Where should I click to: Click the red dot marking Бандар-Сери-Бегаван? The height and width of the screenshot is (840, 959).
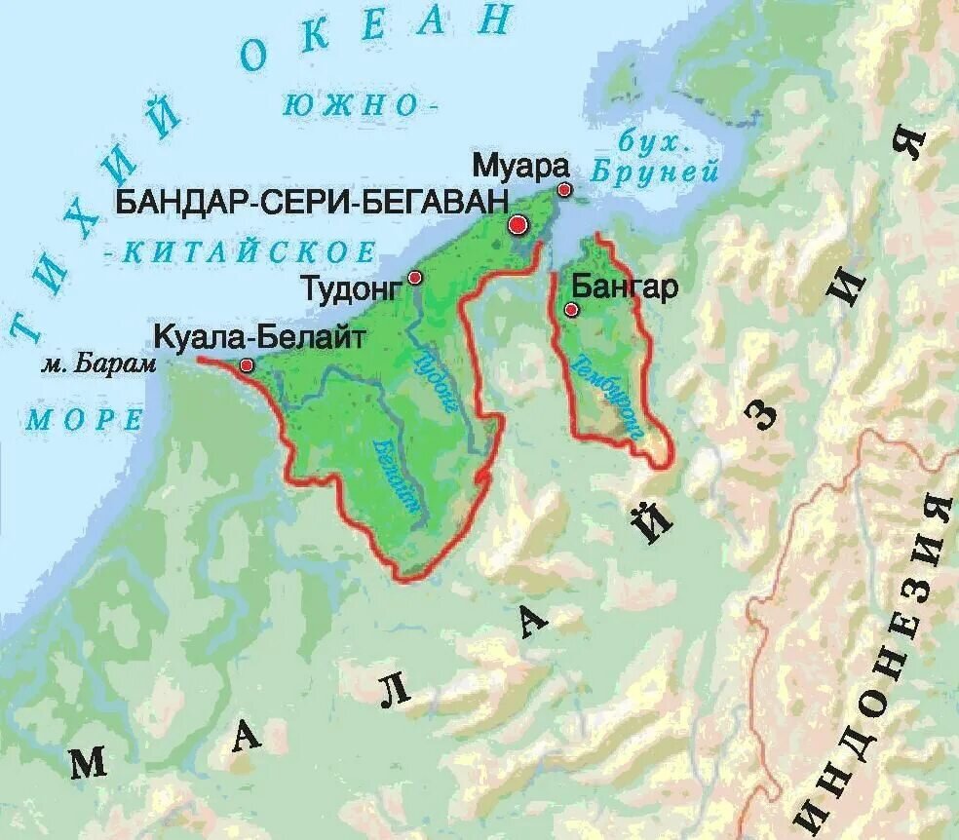(518, 225)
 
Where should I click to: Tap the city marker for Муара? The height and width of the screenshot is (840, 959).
(563, 189)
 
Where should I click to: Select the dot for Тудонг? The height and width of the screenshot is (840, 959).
(415, 278)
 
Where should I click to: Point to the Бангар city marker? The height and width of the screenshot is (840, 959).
(571, 310)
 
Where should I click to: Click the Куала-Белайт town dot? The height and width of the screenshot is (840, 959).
(247, 365)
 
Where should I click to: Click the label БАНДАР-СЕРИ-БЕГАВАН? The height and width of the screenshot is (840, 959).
(312, 202)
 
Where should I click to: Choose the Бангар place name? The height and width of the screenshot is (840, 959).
(624, 287)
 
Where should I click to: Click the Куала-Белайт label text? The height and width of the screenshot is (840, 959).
(259, 338)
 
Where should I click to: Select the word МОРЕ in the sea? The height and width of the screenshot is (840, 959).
(84, 420)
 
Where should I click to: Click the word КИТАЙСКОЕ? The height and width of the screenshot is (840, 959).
(249, 252)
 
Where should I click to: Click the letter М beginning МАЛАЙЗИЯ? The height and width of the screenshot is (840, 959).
(89, 763)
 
